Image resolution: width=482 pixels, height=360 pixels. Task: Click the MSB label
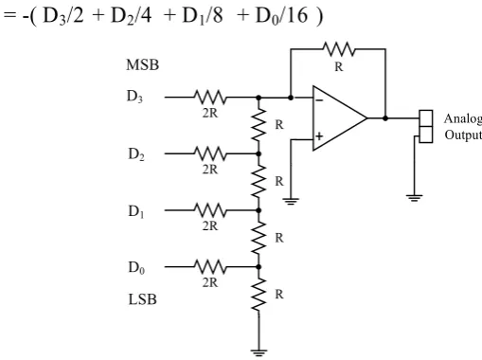(142, 65)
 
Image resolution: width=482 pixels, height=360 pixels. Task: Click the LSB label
(142, 299)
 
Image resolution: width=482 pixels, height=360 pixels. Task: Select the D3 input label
(134, 97)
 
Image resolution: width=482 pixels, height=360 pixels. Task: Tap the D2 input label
(136, 154)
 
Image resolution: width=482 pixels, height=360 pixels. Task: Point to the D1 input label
(136, 211)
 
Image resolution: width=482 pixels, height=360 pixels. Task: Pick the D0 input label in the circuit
(136, 268)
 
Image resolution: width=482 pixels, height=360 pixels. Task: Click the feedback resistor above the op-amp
(339, 49)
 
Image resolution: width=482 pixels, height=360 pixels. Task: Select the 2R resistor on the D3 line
(210, 98)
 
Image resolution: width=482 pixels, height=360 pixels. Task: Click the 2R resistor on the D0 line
(210, 267)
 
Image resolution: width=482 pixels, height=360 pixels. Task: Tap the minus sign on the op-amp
(319, 100)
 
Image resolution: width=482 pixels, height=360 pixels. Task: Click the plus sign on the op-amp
(319, 136)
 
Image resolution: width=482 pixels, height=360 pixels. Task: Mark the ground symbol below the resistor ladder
(259, 352)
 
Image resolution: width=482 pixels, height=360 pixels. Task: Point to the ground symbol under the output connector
(415, 198)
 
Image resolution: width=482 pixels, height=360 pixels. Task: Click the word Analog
(463, 119)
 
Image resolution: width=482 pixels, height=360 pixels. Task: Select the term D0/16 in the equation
(281, 15)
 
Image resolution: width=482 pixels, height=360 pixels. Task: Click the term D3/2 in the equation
(63, 15)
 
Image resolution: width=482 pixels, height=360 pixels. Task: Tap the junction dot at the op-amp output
(385, 118)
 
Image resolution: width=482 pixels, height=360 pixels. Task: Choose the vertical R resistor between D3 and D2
(259, 125)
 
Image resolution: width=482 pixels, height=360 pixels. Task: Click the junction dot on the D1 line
(259, 210)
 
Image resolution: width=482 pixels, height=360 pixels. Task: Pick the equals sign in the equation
(9, 15)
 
